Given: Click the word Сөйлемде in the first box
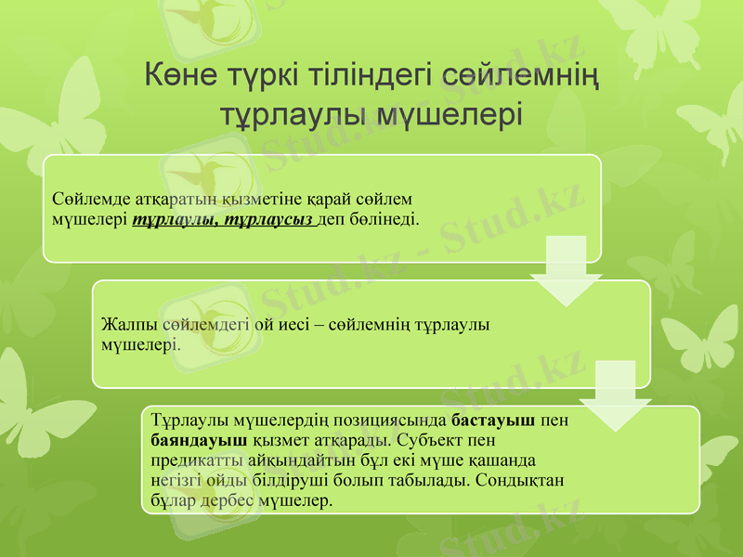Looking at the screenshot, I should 85,199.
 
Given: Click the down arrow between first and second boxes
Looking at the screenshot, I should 566,273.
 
